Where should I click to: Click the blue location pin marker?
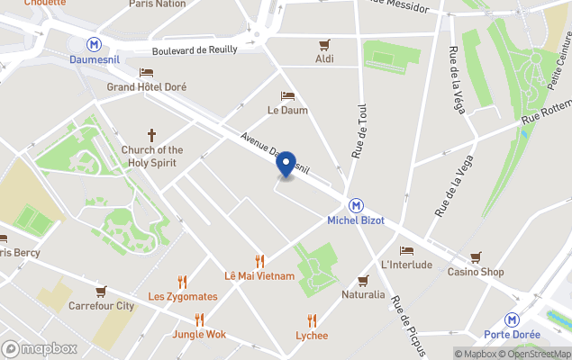click(x=286, y=164)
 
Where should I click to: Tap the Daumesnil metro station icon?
click(x=93, y=44)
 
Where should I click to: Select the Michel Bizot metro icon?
click(x=356, y=205)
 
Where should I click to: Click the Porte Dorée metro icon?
click(x=512, y=319)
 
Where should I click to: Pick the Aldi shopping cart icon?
click(x=325, y=44)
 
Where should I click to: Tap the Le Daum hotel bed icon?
click(x=287, y=95)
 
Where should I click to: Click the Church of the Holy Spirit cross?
click(x=152, y=134)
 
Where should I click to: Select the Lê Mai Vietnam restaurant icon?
click(x=259, y=260)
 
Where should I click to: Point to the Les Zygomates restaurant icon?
click(x=182, y=282)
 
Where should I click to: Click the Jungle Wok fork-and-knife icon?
click(x=199, y=319)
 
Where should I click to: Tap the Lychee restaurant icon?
click(x=312, y=320)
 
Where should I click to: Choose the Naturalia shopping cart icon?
click(x=363, y=280)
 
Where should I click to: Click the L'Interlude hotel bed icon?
click(x=406, y=250)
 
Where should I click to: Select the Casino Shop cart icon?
click(x=476, y=256)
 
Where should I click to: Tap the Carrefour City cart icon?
click(x=101, y=291)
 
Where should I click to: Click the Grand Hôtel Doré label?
click(x=147, y=87)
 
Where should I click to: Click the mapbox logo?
click(x=40, y=348)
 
